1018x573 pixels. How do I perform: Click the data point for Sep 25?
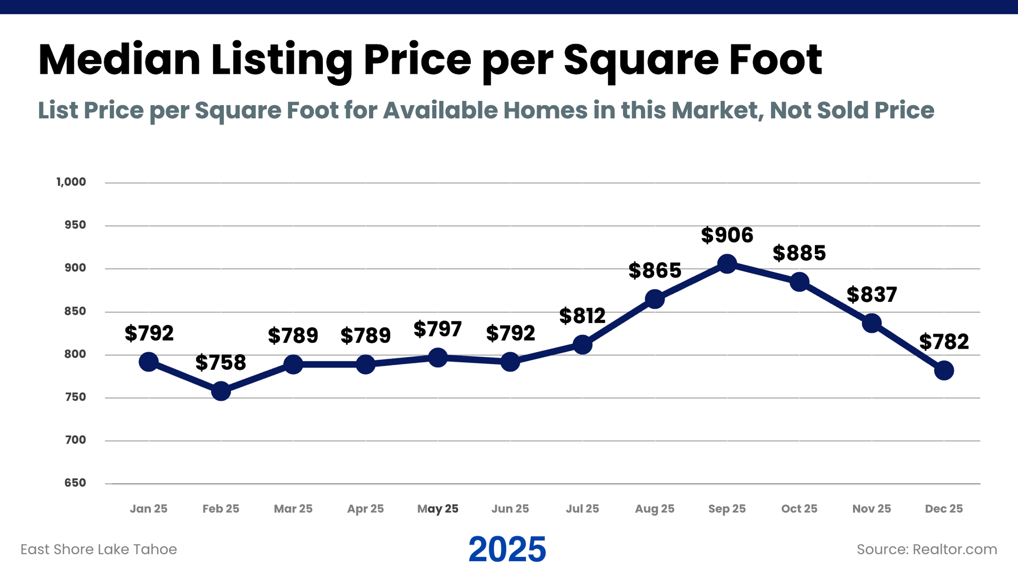click(727, 264)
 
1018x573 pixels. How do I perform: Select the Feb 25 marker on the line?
click(221, 392)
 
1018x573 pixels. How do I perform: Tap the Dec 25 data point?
click(944, 370)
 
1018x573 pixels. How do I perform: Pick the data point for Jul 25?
click(582, 345)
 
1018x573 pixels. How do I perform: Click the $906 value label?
click(727, 235)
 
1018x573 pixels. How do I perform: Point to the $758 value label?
click(221, 363)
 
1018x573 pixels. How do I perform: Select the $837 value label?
click(872, 294)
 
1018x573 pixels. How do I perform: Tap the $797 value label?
click(437, 329)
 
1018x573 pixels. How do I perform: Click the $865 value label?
click(655, 271)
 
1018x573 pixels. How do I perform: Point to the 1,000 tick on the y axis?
click(71, 182)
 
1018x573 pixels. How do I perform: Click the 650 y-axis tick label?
click(75, 483)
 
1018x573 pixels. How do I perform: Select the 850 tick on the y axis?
click(75, 311)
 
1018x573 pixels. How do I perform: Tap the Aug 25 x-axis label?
click(655, 509)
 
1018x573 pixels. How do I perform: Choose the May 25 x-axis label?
click(437, 509)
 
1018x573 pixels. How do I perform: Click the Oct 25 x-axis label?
click(799, 509)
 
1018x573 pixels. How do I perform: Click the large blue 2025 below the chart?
click(507, 549)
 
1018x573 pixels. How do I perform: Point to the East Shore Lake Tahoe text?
click(99, 549)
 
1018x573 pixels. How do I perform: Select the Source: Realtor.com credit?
click(927, 549)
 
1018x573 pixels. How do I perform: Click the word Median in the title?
click(119, 59)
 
